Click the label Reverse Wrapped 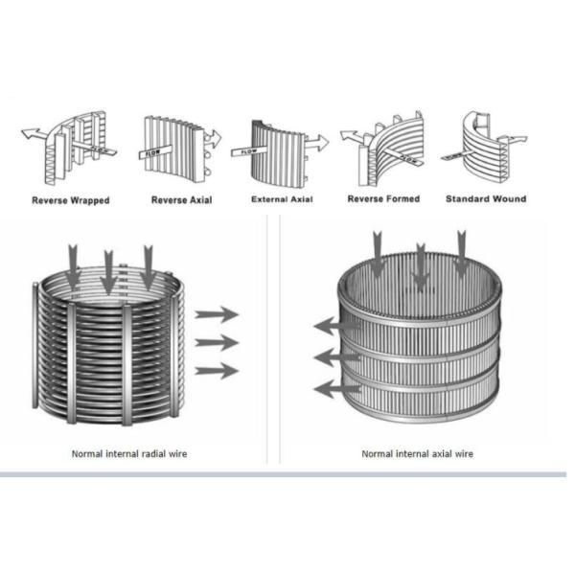(71, 200)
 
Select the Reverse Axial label (181, 200)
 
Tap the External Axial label (282, 199)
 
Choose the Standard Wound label (485, 199)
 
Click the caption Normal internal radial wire (130, 453)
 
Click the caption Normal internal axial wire (417, 453)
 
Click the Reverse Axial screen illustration (177, 148)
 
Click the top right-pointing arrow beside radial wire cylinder (216, 313)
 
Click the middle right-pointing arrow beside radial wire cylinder (216, 342)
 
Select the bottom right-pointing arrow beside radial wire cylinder (216, 371)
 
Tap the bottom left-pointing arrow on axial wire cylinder (336, 389)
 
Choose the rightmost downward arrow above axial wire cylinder (463, 254)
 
